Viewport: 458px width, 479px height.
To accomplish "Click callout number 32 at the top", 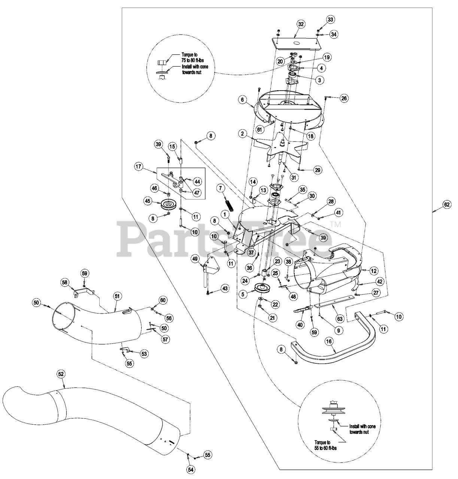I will (x=301, y=24).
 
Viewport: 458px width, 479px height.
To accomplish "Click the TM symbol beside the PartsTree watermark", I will (x=335, y=225).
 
